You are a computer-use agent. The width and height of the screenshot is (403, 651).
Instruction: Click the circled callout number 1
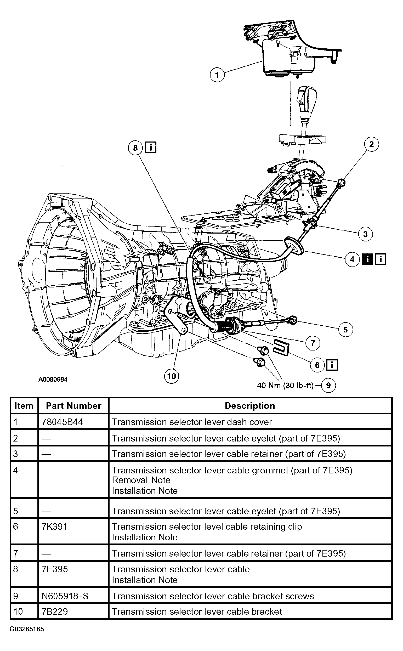coord(217,74)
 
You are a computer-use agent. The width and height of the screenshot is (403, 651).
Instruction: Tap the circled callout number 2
coord(371,144)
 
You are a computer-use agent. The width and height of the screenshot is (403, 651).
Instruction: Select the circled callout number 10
coord(172,376)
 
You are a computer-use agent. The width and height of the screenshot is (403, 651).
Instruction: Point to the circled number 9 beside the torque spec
coord(328,386)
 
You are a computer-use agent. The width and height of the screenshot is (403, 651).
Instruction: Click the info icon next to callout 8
coord(151,147)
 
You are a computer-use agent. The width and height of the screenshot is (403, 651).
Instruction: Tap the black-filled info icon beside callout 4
coord(367,259)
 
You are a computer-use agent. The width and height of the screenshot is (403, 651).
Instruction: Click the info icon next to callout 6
coord(332,365)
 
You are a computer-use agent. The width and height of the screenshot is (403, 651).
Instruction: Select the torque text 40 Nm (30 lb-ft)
coord(285,386)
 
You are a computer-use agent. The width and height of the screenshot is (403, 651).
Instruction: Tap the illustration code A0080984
coord(53,379)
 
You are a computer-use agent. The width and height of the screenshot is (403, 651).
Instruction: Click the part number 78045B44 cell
coord(62,422)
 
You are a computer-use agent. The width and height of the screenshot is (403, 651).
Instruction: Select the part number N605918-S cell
coord(65,596)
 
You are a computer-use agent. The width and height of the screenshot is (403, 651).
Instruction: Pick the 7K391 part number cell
coord(55,527)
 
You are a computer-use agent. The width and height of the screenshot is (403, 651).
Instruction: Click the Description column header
coord(250,406)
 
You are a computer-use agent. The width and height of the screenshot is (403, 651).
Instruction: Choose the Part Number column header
coord(73,406)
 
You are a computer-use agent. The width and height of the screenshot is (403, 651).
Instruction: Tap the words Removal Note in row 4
coord(141,480)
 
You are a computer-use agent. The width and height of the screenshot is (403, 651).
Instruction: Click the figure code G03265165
coord(27,629)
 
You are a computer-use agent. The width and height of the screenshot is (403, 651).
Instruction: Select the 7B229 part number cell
coord(55,611)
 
